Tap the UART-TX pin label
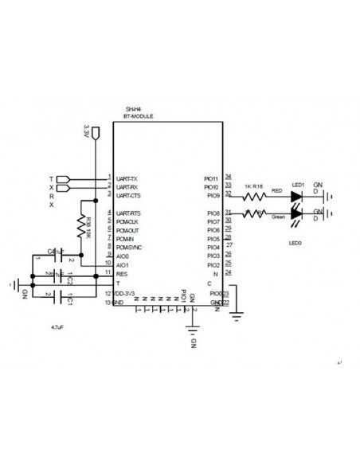coord(127,178)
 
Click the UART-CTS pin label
coord(128,195)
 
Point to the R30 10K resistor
coord(80,227)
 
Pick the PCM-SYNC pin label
coord(128,248)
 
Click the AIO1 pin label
coord(122,264)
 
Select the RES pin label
coord(121,273)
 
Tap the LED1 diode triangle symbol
coord(297,194)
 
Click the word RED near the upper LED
coord(276,191)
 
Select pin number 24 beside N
coord(229,272)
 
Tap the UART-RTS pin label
coord(128,213)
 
